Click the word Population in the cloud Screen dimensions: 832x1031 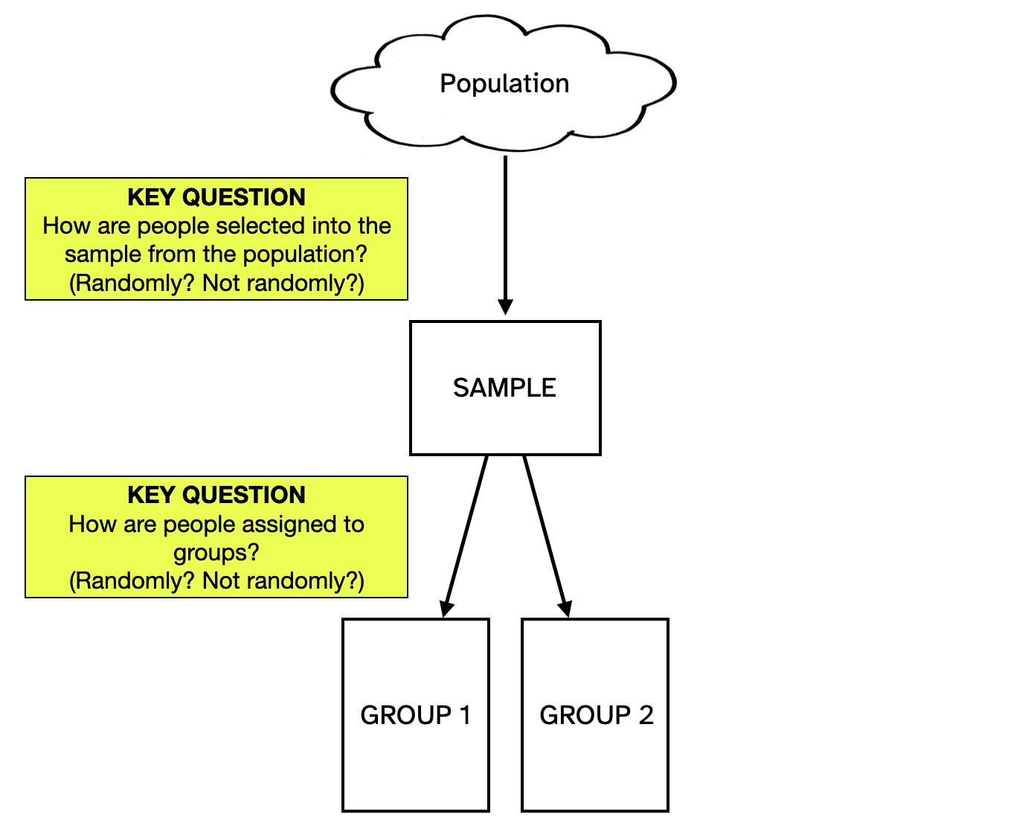point(504,83)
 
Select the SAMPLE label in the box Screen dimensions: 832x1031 point(504,388)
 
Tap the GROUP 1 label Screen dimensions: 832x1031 point(415,715)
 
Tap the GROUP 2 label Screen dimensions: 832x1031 point(596,715)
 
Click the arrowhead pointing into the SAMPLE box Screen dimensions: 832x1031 point(506,307)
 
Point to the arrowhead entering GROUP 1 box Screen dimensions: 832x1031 point(446,609)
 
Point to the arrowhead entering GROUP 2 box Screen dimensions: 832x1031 point(565,609)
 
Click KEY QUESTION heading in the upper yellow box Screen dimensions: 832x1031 point(216,197)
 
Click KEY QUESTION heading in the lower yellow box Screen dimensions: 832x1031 point(216,495)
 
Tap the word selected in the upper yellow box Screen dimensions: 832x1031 point(261,226)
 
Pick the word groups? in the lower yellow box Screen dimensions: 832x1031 point(216,554)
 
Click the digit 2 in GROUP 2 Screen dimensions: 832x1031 point(646,715)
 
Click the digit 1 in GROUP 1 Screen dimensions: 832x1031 point(466,715)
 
